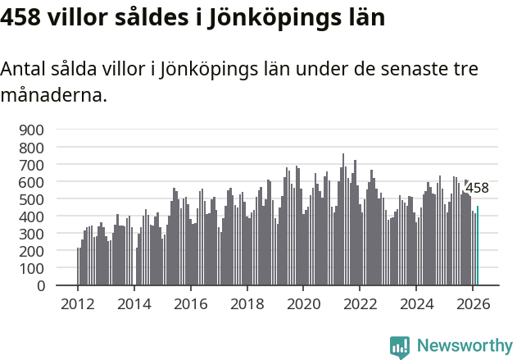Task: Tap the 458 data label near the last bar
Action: pyautogui.click(x=477, y=189)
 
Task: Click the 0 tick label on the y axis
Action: pyautogui.click(x=39, y=286)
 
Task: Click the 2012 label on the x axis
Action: pyautogui.click(x=78, y=303)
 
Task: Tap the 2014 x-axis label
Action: pyautogui.click(x=134, y=303)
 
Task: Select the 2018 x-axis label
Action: pyautogui.click(x=247, y=303)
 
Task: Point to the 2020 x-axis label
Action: pyautogui.click(x=303, y=303)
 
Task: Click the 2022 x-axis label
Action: pyautogui.click(x=360, y=303)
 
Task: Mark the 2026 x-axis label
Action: pyautogui.click(x=473, y=303)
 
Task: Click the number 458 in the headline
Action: pyautogui.click(x=24, y=17)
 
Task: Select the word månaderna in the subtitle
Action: pyautogui.click(x=53, y=95)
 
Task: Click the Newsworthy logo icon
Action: pyautogui.click(x=400, y=347)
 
